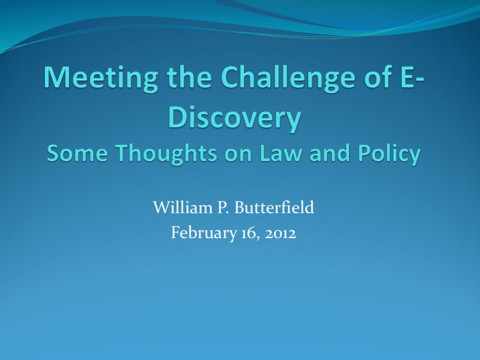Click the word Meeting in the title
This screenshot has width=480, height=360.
click(101, 78)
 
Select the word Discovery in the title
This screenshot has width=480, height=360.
click(235, 119)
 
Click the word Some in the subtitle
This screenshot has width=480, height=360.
click(77, 152)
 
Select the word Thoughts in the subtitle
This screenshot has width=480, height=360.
click(166, 154)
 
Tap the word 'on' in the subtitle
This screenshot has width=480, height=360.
click(238, 154)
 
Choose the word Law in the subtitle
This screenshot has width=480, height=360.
click(281, 152)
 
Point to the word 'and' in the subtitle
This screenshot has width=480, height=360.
click(330, 152)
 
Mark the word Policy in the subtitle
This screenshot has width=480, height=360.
click(389, 154)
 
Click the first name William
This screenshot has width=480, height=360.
click(182, 207)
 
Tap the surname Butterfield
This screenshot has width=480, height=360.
click(274, 207)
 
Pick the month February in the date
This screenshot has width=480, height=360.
click(204, 233)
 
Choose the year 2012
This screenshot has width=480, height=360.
click(281, 234)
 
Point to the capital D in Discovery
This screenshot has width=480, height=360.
click(177, 117)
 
